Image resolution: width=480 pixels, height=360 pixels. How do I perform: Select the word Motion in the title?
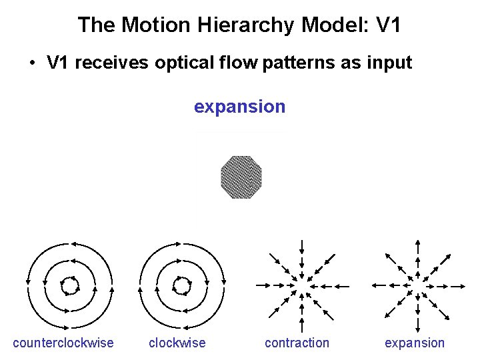[x=161, y=25]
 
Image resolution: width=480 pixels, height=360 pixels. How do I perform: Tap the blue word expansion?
[x=239, y=107]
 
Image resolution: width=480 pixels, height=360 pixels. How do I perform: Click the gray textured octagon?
[x=241, y=177]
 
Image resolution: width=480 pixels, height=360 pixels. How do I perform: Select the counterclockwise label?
[x=63, y=343]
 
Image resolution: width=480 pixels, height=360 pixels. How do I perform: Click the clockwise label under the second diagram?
[x=177, y=343]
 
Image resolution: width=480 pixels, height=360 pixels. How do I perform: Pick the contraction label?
[x=297, y=343]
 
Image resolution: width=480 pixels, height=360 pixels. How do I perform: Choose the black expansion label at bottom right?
[x=414, y=343]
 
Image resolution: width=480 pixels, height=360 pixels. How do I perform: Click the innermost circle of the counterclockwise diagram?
[x=69, y=286]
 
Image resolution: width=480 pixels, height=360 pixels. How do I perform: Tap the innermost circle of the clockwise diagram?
[x=181, y=286]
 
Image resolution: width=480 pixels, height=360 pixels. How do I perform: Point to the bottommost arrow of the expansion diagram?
[x=417, y=324]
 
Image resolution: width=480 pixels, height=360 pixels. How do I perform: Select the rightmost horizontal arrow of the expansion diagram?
[x=455, y=285]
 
